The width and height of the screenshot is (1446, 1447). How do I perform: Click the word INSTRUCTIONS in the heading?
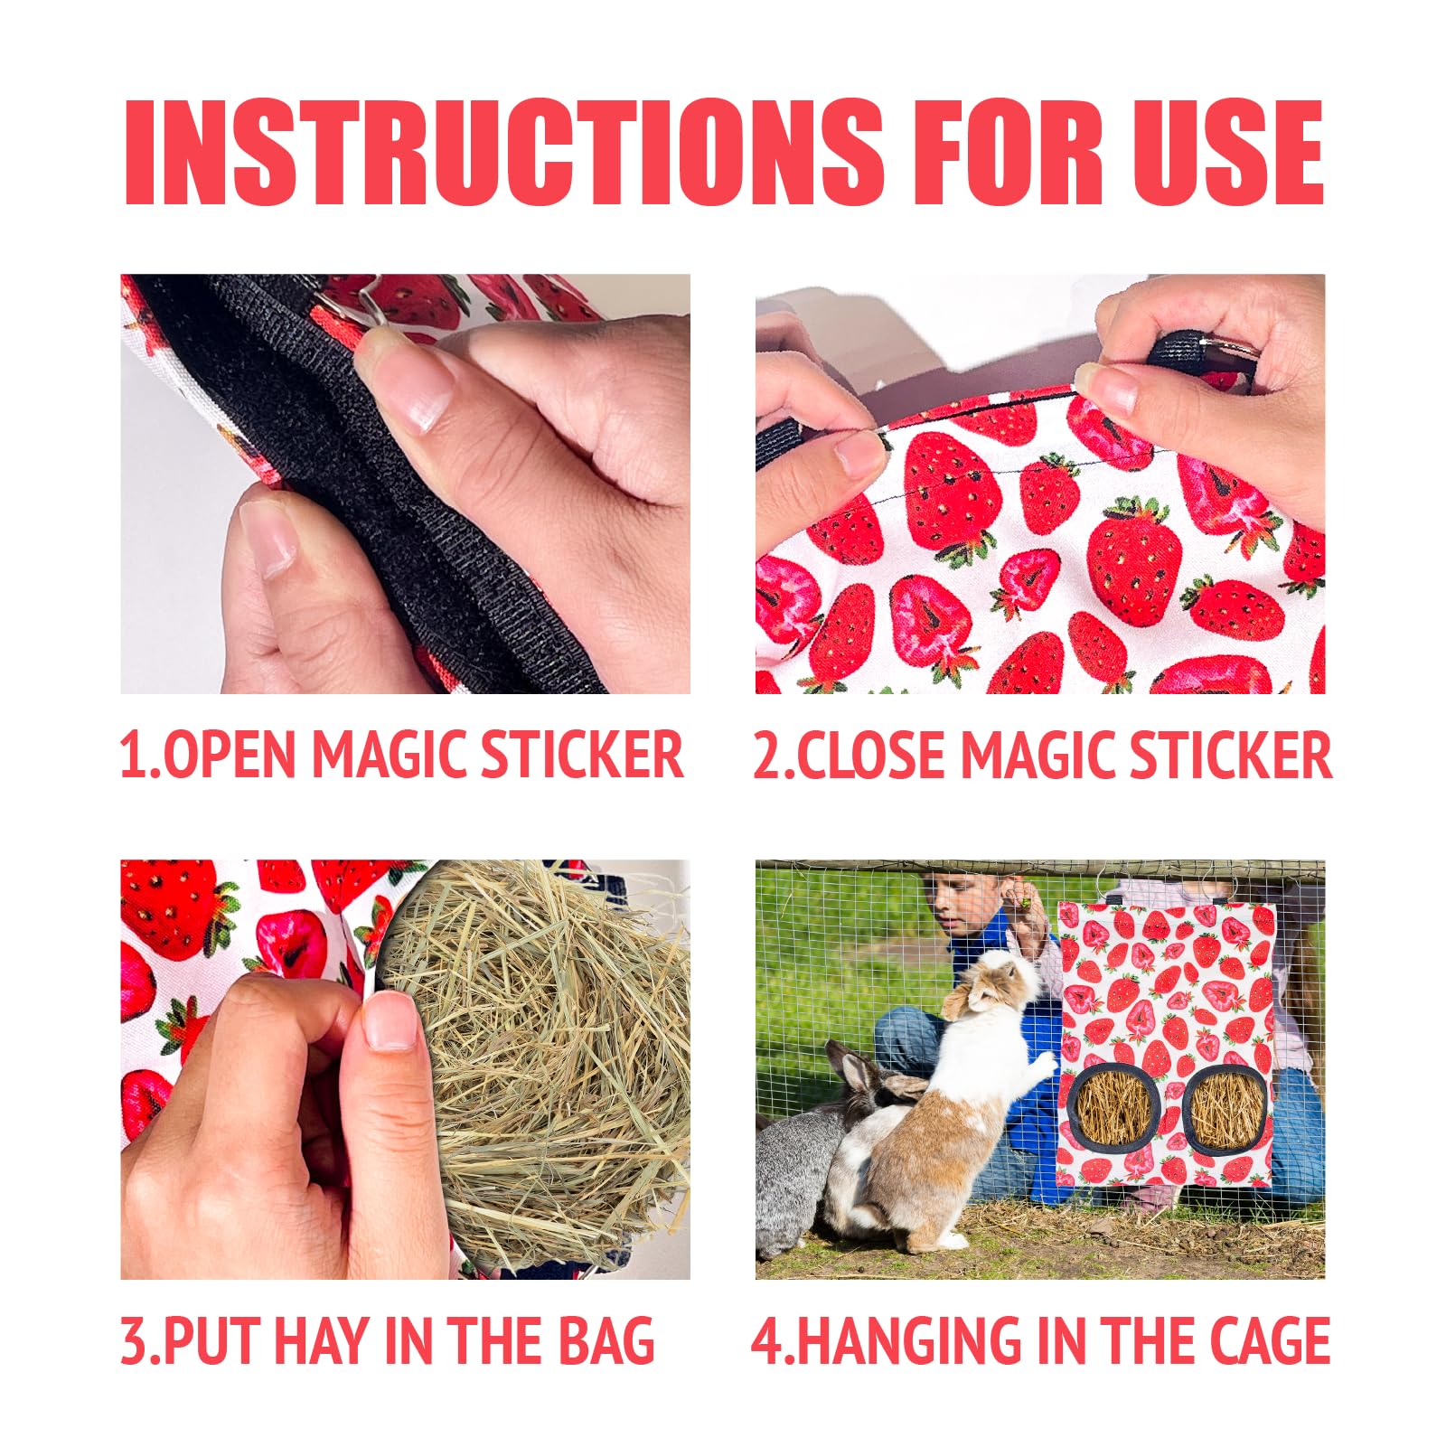(x=503, y=152)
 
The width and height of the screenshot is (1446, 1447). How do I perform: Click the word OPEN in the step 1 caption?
(x=232, y=754)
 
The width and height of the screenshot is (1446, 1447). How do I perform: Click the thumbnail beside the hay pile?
(x=390, y=1020)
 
